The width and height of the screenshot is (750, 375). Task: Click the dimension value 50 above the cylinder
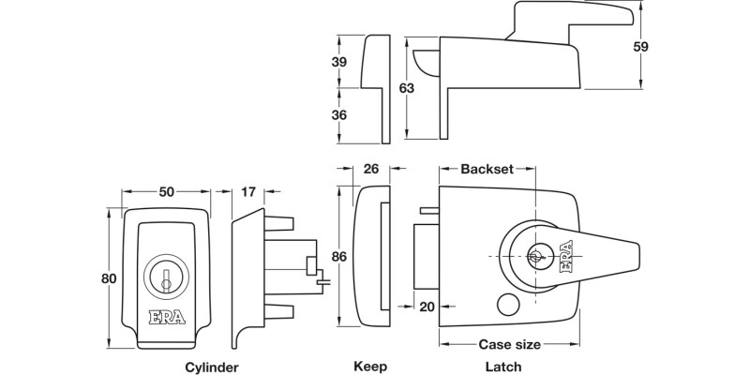pyautogui.click(x=167, y=191)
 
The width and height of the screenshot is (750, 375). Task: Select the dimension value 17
pyautogui.click(x=247, y=191)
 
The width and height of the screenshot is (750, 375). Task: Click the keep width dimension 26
pyautogui.click(x=369, y=170)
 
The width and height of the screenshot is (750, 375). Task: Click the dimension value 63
pyautogui.click(x=406, y=89)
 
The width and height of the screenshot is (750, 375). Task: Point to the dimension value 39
pyautogui.click(x=340, y=62)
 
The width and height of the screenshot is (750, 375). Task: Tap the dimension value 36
pyautogui.click(x=340, y=114)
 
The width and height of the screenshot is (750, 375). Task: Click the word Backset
pyautogui.click(x=487, y=170)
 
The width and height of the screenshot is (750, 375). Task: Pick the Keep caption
pyautogui.click(x=370, y=367)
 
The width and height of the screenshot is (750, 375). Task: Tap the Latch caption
pyautogui.click(x=503, y=367)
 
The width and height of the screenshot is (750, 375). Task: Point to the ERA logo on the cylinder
pyautogui.click(x=167, y=317)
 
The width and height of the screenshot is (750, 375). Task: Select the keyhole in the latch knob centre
pyautogui.click(x=538, y=255)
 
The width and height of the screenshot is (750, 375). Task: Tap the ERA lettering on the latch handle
pyautogui.click(x=569, y=256)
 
